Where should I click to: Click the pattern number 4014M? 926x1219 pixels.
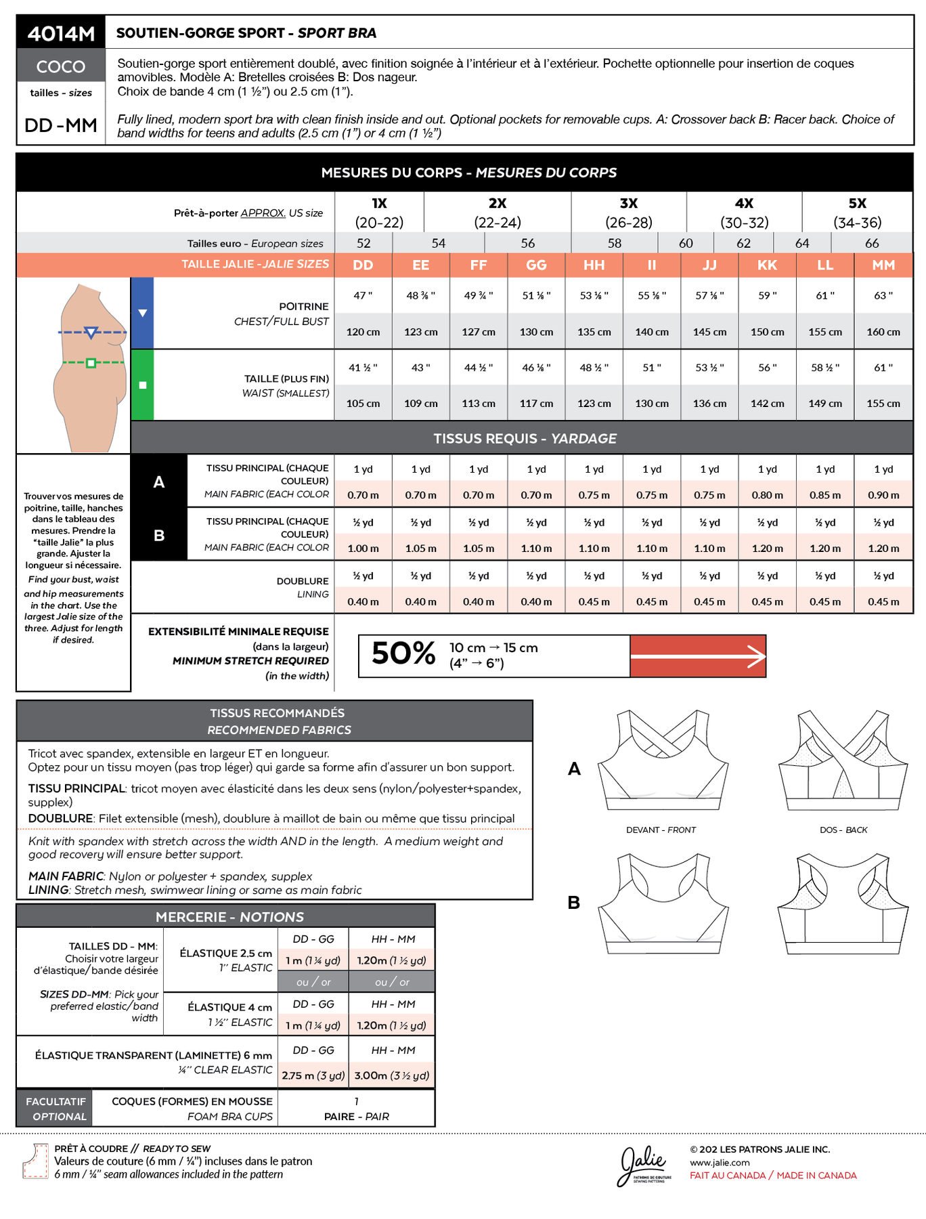[x=61, y=33]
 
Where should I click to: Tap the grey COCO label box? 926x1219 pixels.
[x=61, y=66]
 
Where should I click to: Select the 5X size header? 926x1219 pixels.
[x=857, y=203]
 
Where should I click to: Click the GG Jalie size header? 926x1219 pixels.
[x=536, y=265]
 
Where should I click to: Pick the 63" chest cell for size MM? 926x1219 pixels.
[x=883, y=295]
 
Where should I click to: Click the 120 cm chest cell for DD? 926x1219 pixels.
[x=363, y=332]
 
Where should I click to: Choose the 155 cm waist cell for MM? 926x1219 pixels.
[x=883, y=403]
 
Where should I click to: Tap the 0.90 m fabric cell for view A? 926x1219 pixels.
[x=883, y=495]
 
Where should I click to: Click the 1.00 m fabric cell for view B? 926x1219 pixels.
[x=363, y=549]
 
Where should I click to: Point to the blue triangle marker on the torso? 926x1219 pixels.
[x=91, y=333]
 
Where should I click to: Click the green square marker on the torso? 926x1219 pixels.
[x=91, y=363]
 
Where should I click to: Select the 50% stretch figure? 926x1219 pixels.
[x=403, y=654]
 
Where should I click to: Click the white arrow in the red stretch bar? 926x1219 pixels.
[x=697, y=656]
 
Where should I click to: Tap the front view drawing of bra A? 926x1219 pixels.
[x=663, y=762]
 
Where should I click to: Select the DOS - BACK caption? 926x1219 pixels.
[x=843, y=830]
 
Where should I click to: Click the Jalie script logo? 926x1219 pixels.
[x=643, y=1164]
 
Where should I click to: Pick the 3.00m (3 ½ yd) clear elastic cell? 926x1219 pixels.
[x=392, y=1075]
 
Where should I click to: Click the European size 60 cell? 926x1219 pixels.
[x=686, y=243]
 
